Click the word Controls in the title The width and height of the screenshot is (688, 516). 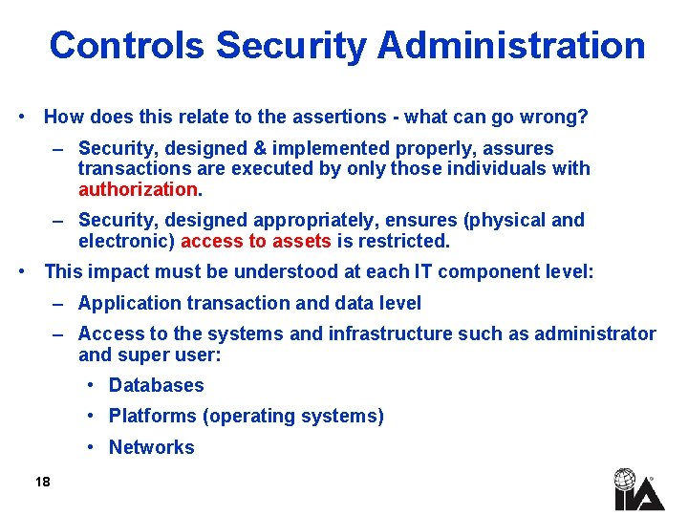127,45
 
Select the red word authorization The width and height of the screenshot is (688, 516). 137,189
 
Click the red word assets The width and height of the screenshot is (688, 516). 300,241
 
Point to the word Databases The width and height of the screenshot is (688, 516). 157,385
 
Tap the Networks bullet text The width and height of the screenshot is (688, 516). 152,447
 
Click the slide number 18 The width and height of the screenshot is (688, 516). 42,482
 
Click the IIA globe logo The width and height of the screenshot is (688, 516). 626,489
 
